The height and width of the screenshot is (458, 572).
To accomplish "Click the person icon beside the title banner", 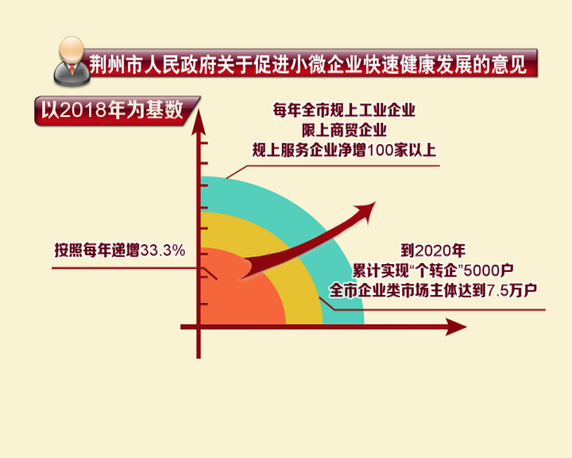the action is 71,60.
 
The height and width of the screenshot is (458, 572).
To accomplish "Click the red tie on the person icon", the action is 72,68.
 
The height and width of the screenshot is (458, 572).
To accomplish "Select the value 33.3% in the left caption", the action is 163,250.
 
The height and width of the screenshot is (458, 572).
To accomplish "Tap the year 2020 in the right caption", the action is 432,250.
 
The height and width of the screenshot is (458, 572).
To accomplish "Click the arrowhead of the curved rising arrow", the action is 365,211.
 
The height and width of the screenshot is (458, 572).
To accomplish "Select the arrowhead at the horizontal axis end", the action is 456,327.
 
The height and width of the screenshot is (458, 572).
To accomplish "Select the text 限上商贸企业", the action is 344,130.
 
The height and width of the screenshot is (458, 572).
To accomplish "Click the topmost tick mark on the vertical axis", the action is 203,143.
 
